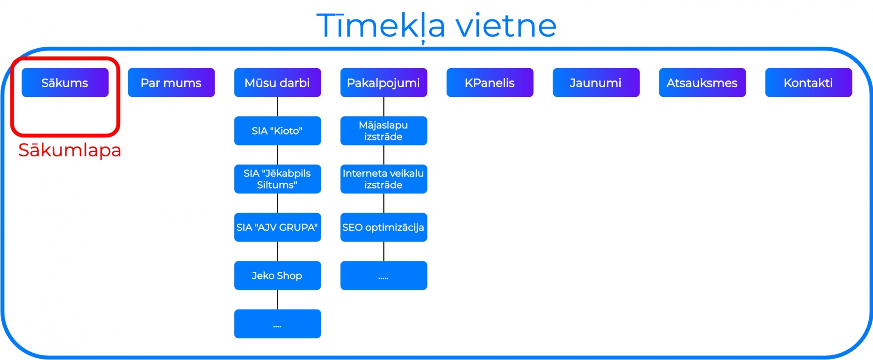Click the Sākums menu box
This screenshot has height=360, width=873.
click(x=65, y=82)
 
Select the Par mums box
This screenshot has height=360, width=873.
click(x=171, y=82)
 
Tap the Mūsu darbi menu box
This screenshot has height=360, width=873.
click(x=277, y=82)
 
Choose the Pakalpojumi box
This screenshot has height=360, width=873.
click(x=384, y=82)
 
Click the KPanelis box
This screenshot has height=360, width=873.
click(x=490, y=82)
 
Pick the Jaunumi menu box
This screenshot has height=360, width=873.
click(x=596, y=82)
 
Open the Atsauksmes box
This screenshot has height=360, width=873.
click(x=702, y=82)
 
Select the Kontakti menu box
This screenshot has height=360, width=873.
click(x=808, y=82)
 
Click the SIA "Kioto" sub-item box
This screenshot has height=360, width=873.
click(x=277, y=131)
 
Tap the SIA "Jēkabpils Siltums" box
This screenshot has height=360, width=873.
click(x=277, y=179)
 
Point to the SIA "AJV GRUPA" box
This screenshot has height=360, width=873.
click(x=277, y=227)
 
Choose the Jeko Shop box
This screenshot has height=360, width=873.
click(x=277, y=275)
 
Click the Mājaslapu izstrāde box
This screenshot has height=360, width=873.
click(x=384, y=131)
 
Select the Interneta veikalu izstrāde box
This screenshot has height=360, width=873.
click(x=384, y=179)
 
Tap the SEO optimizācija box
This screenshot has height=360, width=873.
click(x=384, y=227)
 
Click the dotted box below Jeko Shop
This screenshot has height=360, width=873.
click(x=277, y=324)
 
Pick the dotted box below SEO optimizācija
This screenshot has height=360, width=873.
click(x=384, y=275)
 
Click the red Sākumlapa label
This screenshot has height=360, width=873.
click(x=70, y=150)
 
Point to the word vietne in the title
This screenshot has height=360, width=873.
click(x=506, y=25)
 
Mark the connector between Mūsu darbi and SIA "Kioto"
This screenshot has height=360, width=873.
click(x=277, y=107)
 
